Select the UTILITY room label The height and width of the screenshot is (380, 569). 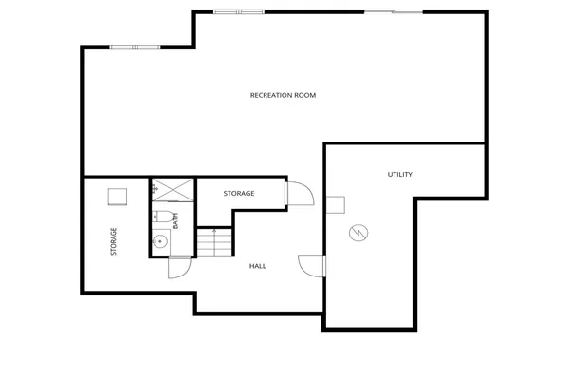click(399, 174)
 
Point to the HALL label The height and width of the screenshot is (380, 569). click(257, 266)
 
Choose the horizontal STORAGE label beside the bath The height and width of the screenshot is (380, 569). click(239, 194)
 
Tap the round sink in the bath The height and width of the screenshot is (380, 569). click(160, 241)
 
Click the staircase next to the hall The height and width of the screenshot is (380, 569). click(214, 242)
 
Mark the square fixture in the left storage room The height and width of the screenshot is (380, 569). click(117, 196)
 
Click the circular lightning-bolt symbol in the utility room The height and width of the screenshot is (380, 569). click(358, 233)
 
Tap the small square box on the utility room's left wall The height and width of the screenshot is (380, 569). click(335, 206)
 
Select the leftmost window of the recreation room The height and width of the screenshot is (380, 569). click(136, 47)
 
